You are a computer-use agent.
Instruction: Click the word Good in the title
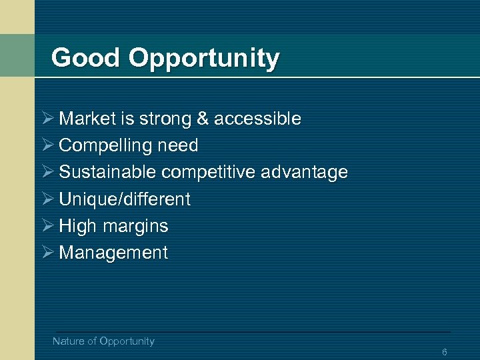click(86, 58)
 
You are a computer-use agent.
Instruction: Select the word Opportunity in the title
click(204, 59)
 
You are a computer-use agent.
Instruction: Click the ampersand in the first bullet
click(203, 119)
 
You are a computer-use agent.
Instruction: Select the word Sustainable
click(108, 172)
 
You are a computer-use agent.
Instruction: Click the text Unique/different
click(125, 199)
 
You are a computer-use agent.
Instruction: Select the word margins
click(135, 226)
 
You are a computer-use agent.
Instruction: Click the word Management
click(113, 253)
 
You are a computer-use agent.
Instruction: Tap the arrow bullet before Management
click(47, 253)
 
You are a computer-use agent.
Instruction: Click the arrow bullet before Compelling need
click(47, 145)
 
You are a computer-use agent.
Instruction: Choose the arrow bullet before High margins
click(47, 226)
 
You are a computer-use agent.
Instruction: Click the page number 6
click(444, 352)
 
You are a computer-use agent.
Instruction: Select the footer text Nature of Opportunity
click(103, 341)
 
